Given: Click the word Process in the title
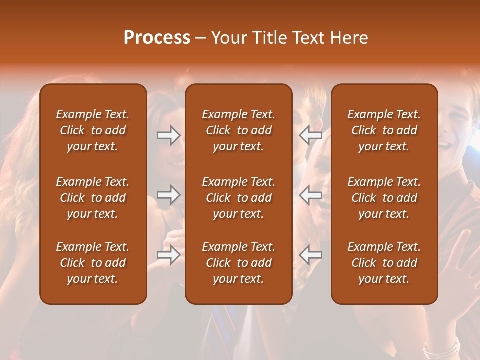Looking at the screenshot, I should [x=157, y=38].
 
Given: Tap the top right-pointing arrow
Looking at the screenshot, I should [x=169, y=135].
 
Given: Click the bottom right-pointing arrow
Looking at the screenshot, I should [x=169, y=255].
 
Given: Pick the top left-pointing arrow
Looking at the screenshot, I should [x=310, y=135].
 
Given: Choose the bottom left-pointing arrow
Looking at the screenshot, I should [x=310, y=255].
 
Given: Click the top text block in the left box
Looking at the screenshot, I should [x=93, y=130].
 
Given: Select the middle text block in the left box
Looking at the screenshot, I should [x=93, y=198].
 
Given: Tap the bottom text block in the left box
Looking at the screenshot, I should [x=93, y=263].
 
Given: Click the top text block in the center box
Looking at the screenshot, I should [x=238, y=130].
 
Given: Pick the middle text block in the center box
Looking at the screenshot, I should [x=238, y=198].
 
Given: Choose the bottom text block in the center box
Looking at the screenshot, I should [x=238, y=263].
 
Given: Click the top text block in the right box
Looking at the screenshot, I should [x=384, y=130].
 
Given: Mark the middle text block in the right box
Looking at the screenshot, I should [x=384, y=198].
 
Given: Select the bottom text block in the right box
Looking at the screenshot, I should [x=384, y=263].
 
